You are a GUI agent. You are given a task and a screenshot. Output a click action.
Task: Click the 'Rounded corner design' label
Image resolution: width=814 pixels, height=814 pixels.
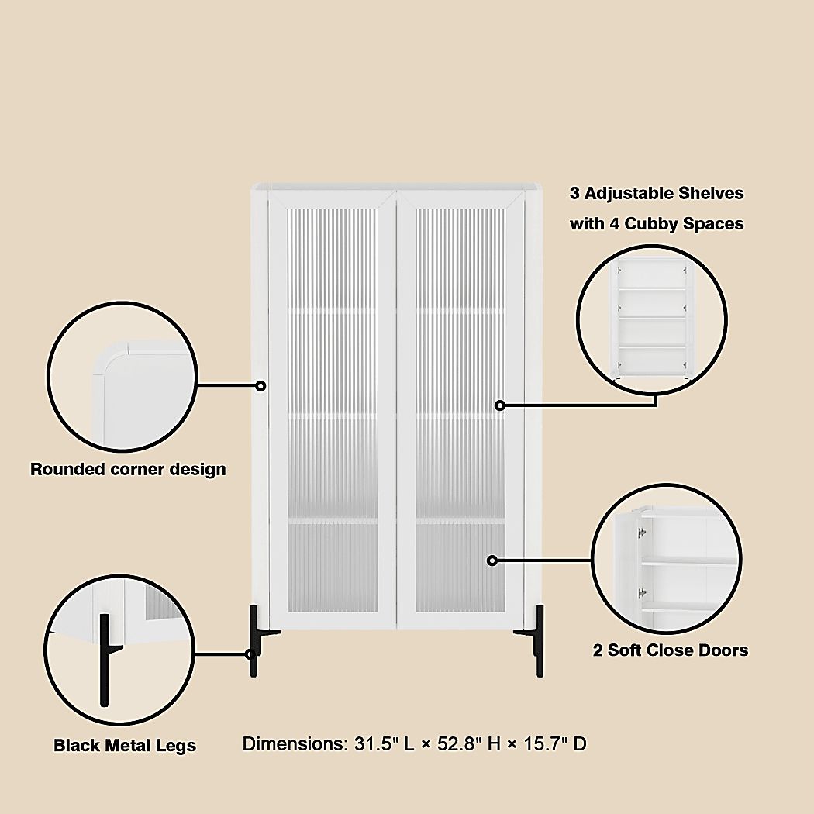tap(128, 469)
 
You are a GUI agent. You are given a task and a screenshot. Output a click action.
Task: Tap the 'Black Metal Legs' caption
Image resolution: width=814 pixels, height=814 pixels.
tap(124, 746)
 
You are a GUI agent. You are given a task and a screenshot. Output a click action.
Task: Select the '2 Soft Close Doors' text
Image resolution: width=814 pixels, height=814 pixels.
tap(671, 650)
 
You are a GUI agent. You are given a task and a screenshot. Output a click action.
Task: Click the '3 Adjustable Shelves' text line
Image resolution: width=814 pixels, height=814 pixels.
tap(657, 193)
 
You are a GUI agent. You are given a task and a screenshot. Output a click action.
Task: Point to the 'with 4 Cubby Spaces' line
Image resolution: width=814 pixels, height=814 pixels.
tap(657, 224)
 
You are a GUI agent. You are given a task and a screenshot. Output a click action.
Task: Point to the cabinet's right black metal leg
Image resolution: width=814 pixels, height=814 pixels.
tap(537, 640)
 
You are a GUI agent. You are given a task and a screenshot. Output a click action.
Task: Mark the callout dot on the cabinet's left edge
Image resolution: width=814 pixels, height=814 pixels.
tap(261, 385)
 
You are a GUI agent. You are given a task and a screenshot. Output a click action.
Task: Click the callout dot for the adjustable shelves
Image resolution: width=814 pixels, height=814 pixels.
tap(500, 405)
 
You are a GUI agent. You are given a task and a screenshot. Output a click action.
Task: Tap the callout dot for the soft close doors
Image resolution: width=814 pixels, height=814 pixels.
tap(492, 560)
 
